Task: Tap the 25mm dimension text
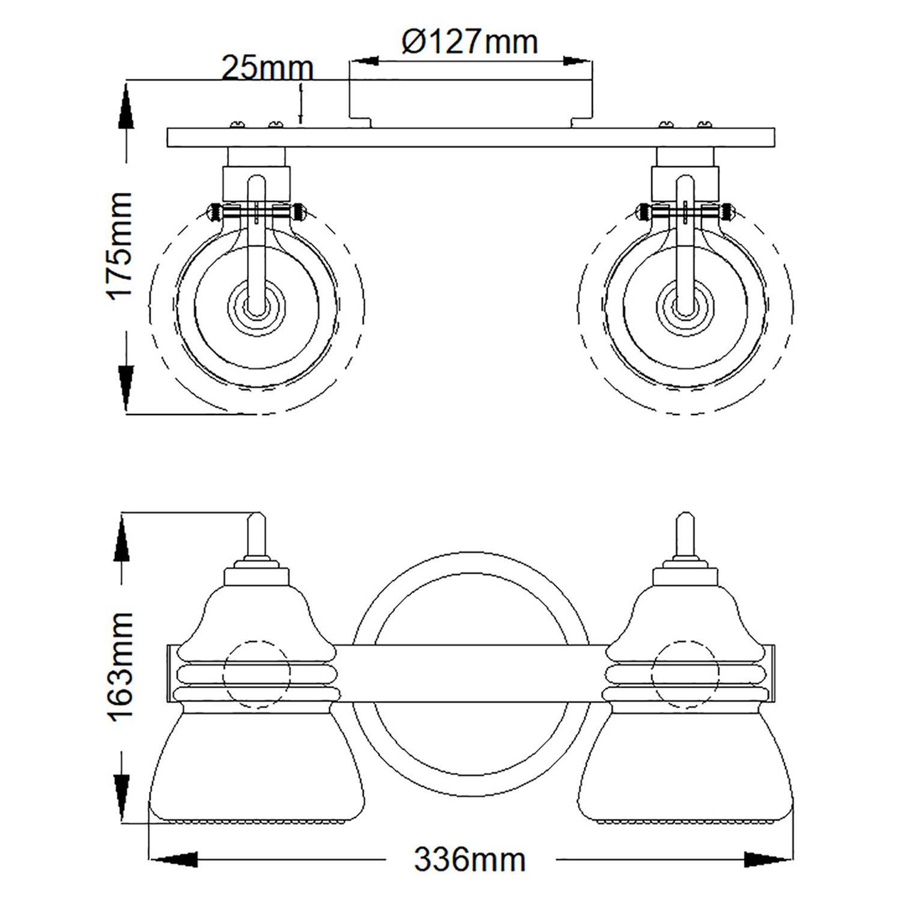[267, 68]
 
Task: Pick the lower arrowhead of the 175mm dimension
[126, 387]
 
